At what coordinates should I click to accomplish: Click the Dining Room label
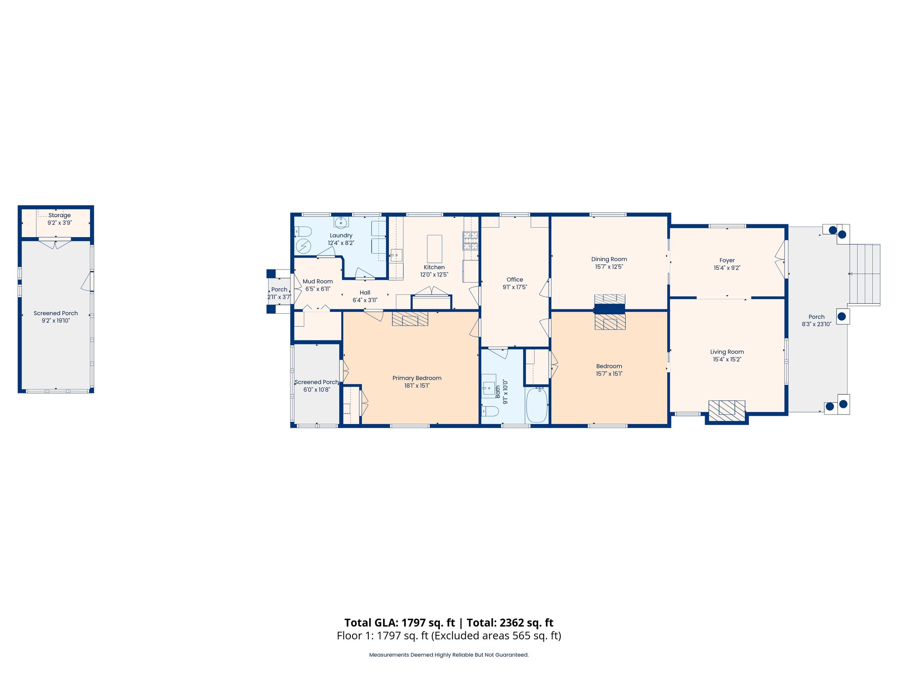point(609,259)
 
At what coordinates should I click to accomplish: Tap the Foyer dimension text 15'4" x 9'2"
point(727,268)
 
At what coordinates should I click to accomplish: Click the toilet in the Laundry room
point(303,231)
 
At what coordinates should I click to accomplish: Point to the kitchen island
point(435,248)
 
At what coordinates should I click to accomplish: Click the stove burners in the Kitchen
point(470,241)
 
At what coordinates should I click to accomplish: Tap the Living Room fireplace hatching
point(727,411)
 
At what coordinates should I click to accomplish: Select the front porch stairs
point(864,274)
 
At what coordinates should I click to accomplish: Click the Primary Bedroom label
point(417,378)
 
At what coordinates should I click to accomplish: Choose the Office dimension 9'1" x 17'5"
point(515,287)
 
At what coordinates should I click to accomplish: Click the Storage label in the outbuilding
point(60,215)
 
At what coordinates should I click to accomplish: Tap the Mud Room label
point(318,281)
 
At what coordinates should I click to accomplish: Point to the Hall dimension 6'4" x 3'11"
point(365,300)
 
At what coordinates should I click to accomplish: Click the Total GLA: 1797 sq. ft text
point(399,623)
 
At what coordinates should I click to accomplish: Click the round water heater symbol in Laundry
point(303,246)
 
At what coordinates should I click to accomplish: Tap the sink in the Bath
point(488,388)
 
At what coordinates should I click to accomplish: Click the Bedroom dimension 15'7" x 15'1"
point(609,374)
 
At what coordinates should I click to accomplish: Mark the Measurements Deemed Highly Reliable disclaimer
point(449,655)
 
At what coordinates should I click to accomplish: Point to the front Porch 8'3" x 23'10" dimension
point(816,324)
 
